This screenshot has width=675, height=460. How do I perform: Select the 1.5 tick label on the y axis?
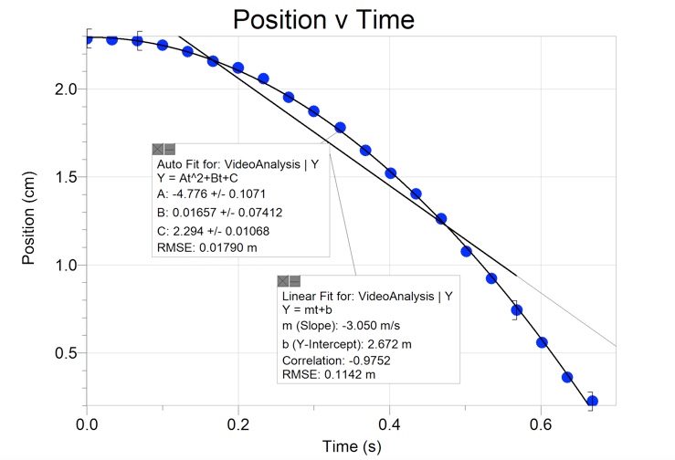(66, 177)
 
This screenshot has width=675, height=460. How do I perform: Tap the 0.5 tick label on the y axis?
(66, 353)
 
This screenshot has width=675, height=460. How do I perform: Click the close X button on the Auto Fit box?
(157, 148)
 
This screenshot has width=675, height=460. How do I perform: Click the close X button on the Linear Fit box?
(283, 279)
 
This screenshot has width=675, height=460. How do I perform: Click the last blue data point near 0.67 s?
(592, 401)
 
